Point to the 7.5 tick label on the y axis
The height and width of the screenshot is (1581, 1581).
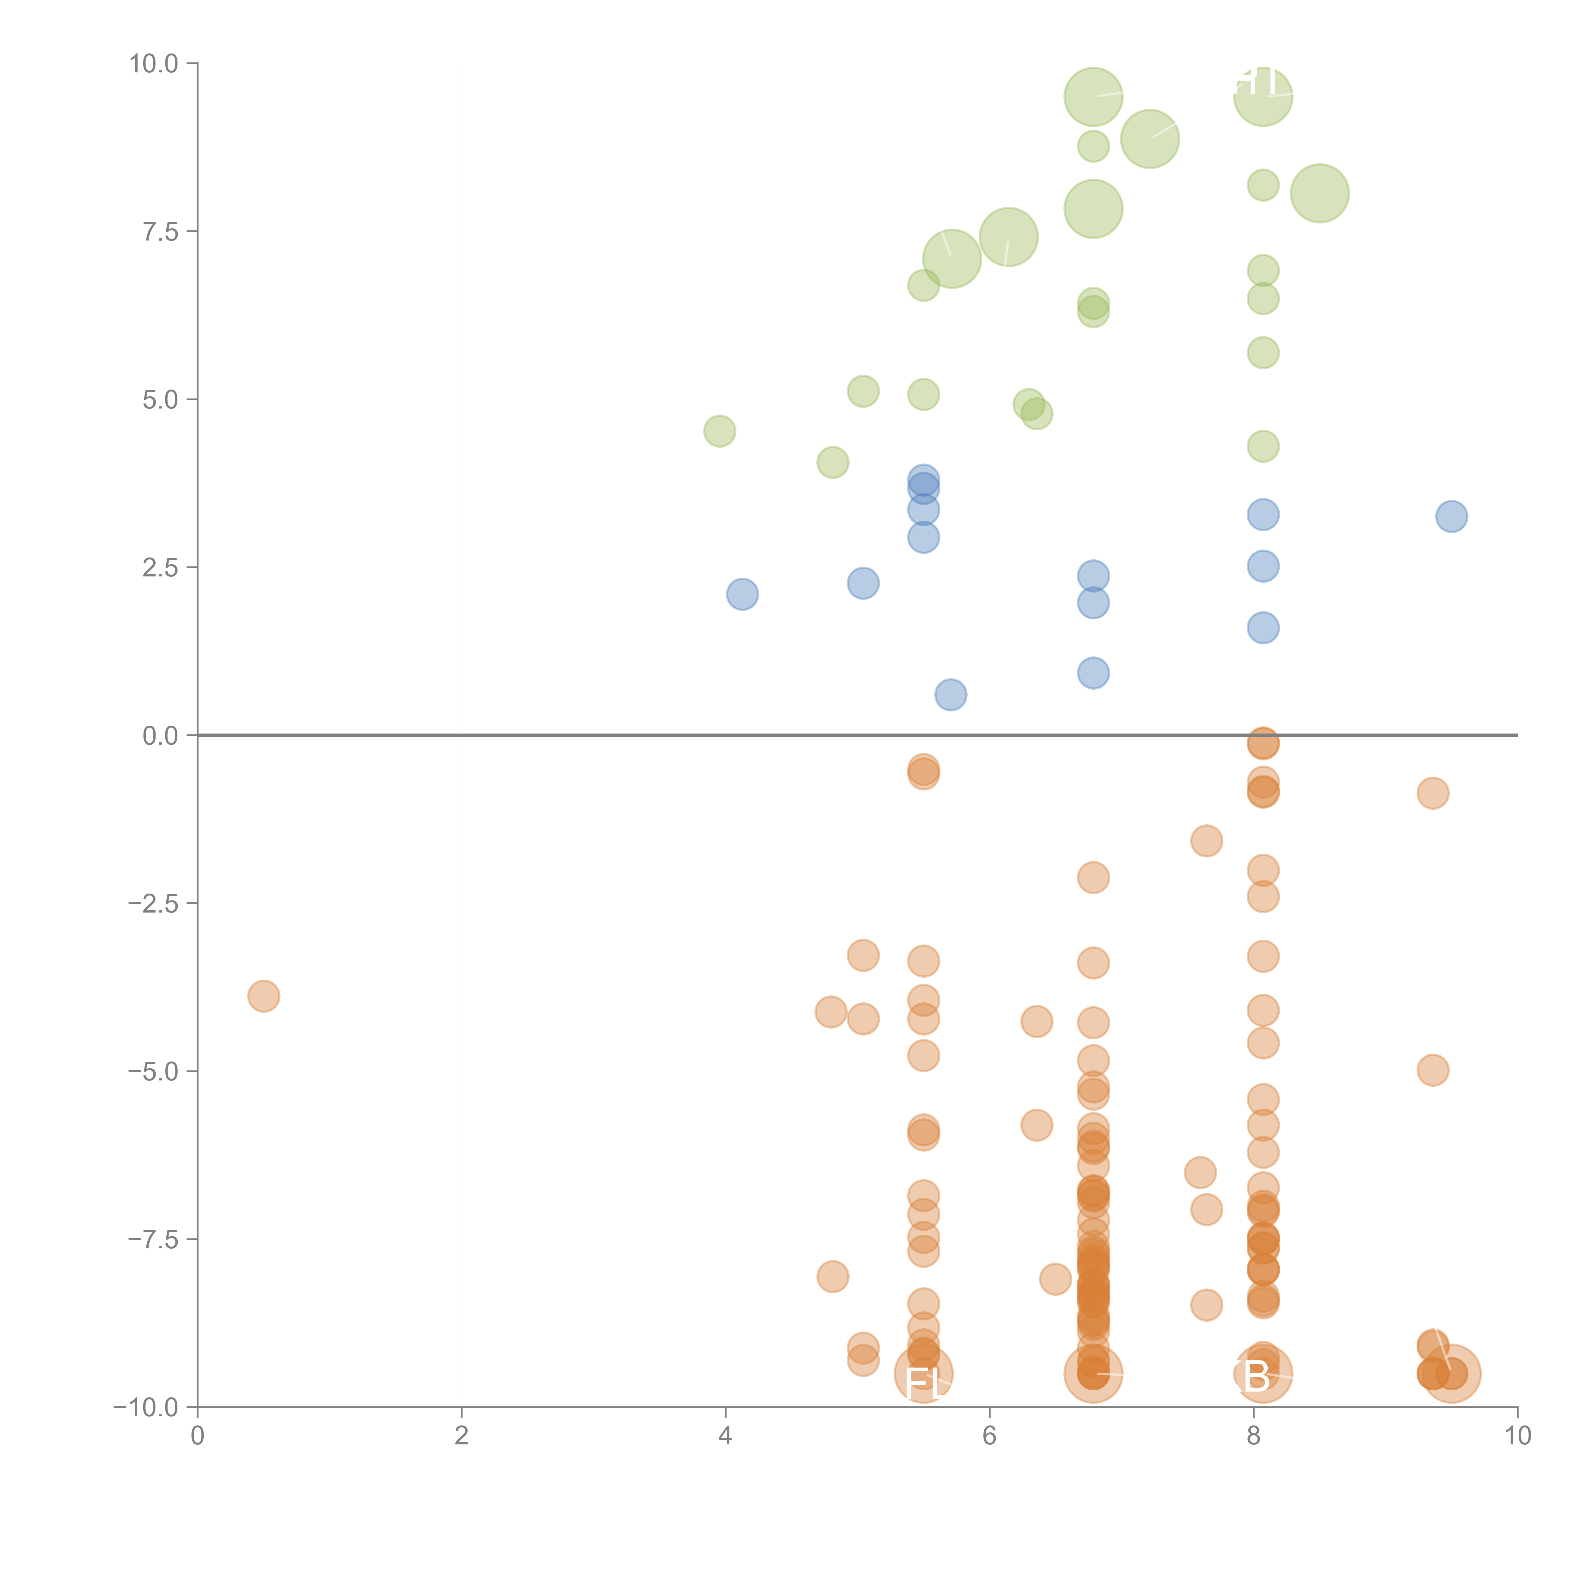[x=160, y=231]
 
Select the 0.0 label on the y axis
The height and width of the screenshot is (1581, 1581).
[x=160, y=736]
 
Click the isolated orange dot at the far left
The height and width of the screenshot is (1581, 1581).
[x=263, y=996]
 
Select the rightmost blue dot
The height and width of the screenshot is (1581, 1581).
[x=1451, y=516]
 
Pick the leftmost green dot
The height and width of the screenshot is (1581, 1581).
[x=719, y=430]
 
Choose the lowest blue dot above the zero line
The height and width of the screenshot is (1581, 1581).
[x=950, y=695]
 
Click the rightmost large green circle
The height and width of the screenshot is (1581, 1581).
[x=1319, y=193]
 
